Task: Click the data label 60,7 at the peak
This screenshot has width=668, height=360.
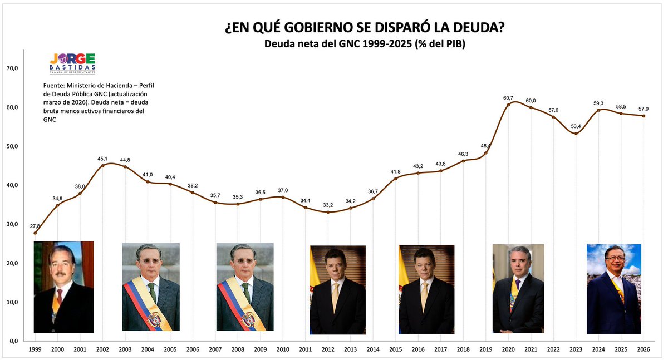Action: coord(508,98)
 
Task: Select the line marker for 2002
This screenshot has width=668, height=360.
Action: coord(102,166)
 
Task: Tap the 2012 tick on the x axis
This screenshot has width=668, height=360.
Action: coord(328,349)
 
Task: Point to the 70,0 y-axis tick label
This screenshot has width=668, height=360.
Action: coord(12,68)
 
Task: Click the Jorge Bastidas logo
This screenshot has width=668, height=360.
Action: coord(72,63)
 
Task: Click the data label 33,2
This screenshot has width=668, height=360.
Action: coord(328,205)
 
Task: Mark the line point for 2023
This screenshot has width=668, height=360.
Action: coord(576,134)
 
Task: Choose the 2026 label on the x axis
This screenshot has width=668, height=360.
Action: coord(644,349)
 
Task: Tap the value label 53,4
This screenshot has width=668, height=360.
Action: coord(576,126)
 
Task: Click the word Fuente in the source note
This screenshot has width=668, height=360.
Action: coord(53,86)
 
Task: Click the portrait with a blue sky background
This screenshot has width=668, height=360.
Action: coord(613,288)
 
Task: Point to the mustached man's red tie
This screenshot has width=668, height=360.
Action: coord(60,296)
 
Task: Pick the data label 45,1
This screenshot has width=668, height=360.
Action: coord(102,159)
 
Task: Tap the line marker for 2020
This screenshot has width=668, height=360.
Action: coord(508,105)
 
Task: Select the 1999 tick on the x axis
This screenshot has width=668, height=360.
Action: coord(35,349)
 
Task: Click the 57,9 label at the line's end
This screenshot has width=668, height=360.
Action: coord(644,109)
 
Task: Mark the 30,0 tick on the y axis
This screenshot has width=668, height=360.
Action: coord(12,224)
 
